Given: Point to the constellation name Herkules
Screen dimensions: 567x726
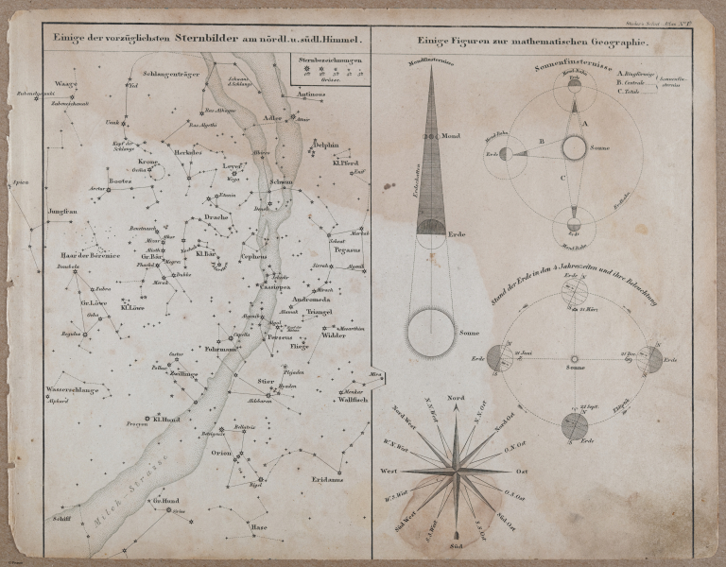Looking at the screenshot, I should pos(189,152).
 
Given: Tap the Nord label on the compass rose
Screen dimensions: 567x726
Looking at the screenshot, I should pos(457,398).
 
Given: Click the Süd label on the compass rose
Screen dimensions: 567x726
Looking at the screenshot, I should pos(456,547).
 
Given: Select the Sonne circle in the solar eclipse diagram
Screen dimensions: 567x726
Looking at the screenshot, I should pos(573,148).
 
